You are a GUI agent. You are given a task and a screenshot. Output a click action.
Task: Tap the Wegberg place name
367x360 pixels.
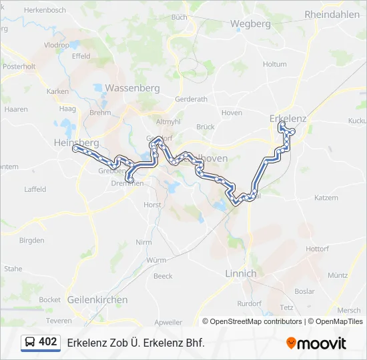(250, 23)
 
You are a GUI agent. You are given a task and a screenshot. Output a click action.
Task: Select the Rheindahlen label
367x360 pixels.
(332, 14)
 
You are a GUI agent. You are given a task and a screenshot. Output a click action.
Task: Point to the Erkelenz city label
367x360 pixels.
(288, 118)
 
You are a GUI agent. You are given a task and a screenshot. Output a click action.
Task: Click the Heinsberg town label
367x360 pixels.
(76, 143)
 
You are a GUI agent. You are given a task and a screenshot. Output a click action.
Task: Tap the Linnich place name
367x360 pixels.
(241, 273)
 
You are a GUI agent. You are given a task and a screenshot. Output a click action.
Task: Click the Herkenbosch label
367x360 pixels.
(45, 11)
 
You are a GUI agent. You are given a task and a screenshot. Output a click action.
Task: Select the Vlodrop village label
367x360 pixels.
(57, 45)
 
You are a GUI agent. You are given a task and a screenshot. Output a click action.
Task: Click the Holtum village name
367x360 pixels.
(274, 64)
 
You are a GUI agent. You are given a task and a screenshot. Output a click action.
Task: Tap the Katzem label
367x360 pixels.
(326, 198)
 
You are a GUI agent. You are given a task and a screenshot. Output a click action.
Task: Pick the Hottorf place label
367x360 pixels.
(317, 249)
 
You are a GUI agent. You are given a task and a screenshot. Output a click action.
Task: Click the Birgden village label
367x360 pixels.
(31, 239)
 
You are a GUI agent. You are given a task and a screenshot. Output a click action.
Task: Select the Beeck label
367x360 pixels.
(163, 276)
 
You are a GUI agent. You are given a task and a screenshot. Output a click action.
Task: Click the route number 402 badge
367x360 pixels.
(47, 342)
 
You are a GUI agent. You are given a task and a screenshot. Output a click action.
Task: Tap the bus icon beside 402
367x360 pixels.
(31, 343)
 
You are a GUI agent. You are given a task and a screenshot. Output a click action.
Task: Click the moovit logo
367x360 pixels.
(316, 343)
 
